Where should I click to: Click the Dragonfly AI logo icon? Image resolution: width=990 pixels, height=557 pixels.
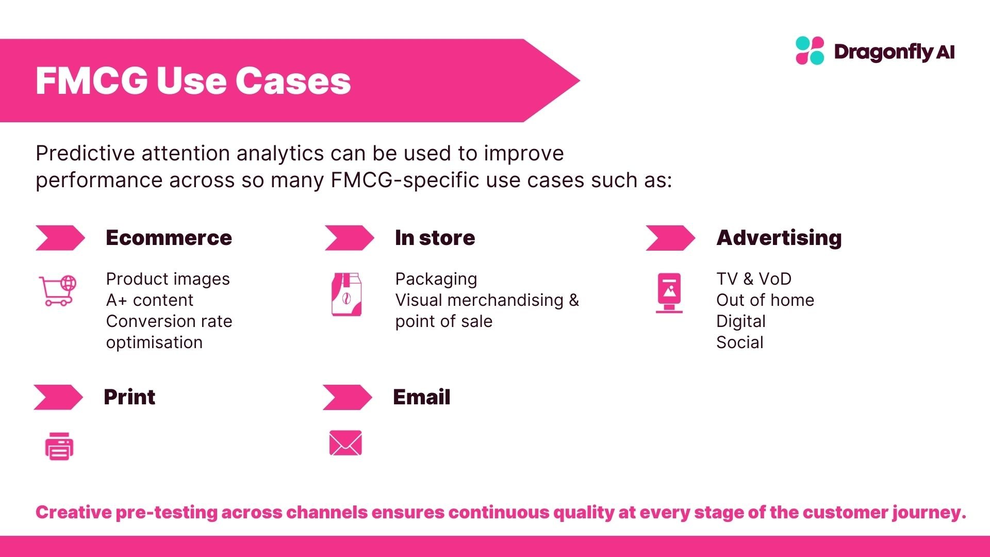[x=810, y=51]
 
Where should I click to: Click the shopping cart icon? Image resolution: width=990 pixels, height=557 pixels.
[x=58, y=290]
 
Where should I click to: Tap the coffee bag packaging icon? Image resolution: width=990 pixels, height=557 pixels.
[x=346, y=294]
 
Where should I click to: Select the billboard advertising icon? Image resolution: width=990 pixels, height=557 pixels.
[x=669, y=292]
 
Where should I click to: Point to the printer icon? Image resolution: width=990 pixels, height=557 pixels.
[x=59, y=446]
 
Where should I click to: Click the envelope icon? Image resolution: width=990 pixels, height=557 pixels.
[x=345, y=443]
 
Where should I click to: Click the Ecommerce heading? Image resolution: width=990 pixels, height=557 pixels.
[x=169, y=238]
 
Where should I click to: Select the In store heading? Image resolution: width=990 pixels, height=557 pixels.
[x=435, y=238]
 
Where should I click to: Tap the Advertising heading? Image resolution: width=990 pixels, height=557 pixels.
[x=779, y=238]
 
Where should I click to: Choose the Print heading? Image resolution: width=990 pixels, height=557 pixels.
[x=129, y=397]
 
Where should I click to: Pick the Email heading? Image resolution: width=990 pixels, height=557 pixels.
[x=421, y=397]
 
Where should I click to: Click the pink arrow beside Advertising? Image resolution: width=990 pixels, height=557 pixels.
[x=670, y=238]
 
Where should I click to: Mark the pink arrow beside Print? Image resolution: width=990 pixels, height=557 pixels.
[x=58, y=397]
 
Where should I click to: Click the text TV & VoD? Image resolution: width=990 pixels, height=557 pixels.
[x=753, y=279]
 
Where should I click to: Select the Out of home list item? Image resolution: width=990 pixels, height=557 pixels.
[x=765, y=300]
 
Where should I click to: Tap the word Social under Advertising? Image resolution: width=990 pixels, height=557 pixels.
[x=739, y=342]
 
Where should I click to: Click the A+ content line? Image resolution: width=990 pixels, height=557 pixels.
[x=150, y=300]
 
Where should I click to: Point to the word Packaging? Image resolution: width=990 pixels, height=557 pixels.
[x=436, y=279]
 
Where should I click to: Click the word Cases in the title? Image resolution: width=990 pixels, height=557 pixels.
[x=293, y=81]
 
